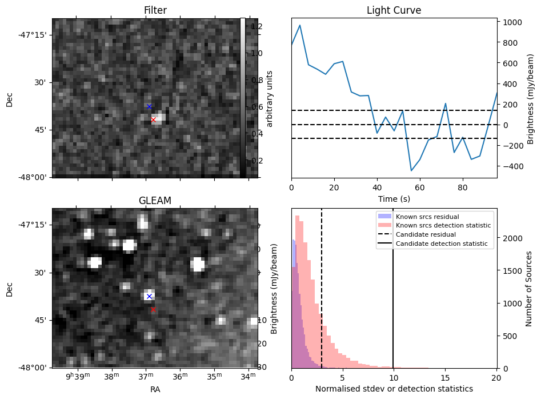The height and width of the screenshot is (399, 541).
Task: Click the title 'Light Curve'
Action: [x=394, y=10]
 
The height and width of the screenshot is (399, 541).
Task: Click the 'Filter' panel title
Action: [x=155, y=10]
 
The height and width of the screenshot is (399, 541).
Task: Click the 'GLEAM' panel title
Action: [x=155, y=201]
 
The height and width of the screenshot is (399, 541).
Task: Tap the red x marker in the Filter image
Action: [x=153, y=119]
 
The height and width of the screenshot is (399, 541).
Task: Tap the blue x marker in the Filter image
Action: [x=149, y=107]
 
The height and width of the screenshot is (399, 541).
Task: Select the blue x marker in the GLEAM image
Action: [x=149, y=296]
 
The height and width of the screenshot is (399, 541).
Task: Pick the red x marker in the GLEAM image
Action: [x=153, y=309]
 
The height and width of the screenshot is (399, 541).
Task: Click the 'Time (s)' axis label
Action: [x=394, y=199]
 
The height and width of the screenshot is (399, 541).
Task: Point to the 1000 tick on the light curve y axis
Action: [x=510, y=22]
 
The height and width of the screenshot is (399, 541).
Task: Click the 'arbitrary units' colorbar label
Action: [x=270, y=98]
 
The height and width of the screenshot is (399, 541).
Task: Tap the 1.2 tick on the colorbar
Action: [x=256, y=26]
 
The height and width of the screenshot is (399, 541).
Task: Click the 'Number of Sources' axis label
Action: [x=528, y=288]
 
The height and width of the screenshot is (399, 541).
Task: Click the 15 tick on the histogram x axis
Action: [x=445, y=378]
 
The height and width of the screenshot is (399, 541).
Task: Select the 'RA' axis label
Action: [x=155, y=389]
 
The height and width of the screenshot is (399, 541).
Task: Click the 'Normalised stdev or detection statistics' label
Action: [x=394, y=389]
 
